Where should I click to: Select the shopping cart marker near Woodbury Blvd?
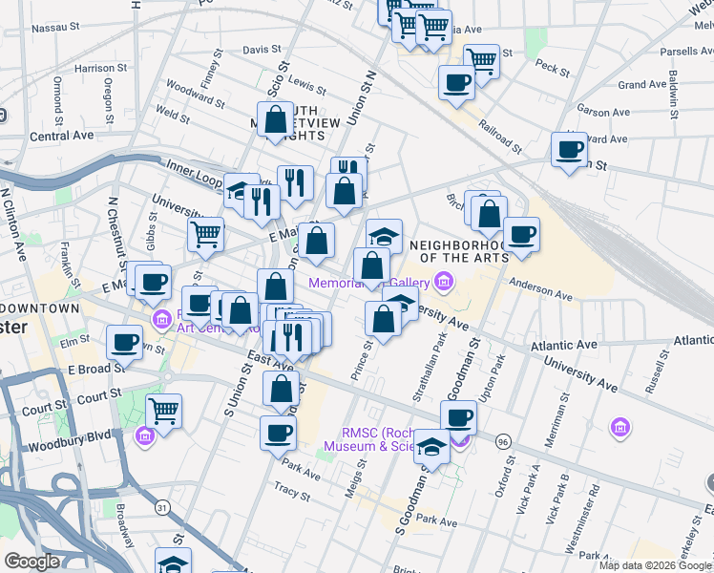(163, 412)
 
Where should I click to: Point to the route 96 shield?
(503, 441)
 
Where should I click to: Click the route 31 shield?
(163, 508)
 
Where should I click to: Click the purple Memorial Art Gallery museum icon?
(442, 282)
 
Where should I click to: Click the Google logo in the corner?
(31, 562)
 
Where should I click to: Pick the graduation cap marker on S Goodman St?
(431, 445)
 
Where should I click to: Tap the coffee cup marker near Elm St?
(124, 341)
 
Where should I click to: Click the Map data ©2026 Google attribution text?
(655, 564)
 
